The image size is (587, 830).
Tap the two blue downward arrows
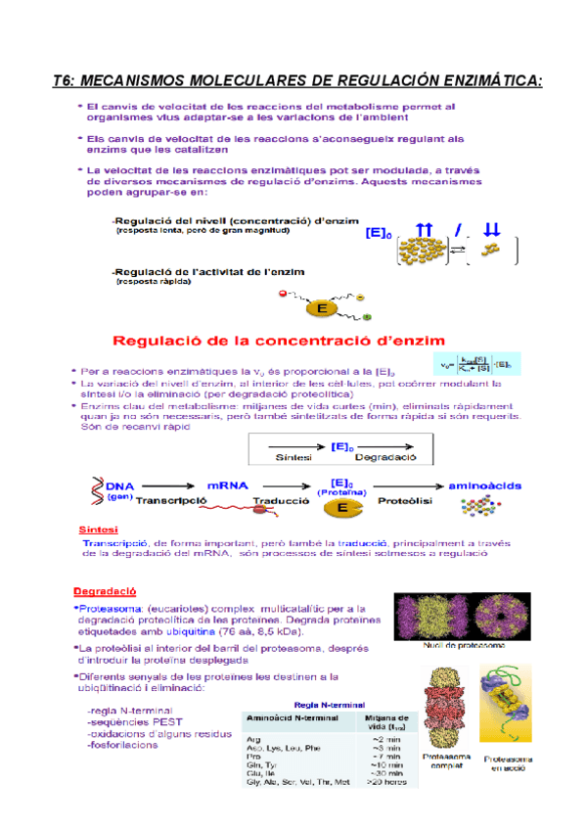pyautogui.click(x=491, y=230)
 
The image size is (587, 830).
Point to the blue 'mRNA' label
pyautogui.click(x=228, y=484)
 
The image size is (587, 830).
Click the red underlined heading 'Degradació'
pyautogui.click(x=105, y=591)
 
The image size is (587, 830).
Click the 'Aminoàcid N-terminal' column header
pyautogui.click(x=289, y=718)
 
